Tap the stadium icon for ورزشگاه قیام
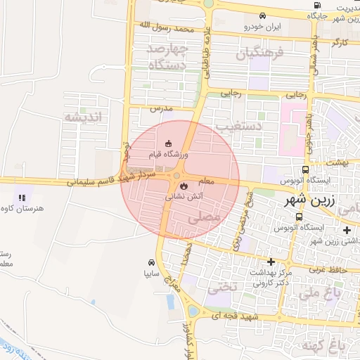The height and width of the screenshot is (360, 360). pos(167,143)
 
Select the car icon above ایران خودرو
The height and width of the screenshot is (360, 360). pos(262,15)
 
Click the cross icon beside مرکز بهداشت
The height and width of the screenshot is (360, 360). pos(271,262)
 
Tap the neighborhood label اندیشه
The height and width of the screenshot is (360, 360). pos(82,117)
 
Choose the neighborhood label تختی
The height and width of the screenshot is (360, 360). pos(223,288)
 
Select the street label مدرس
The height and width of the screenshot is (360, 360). pos(161,110)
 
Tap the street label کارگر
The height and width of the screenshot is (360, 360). pos(340,44)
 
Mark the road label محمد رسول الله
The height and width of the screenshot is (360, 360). pos(165,29)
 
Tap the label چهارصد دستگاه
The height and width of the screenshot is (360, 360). pos(167,57)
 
